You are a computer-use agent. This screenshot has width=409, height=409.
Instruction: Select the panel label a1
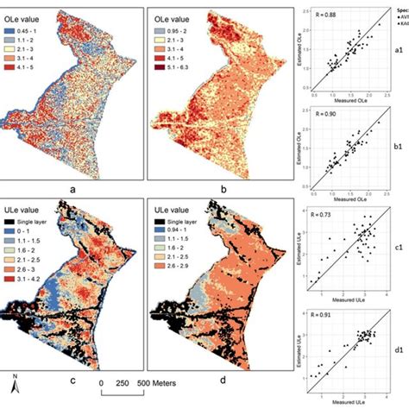(399, 51)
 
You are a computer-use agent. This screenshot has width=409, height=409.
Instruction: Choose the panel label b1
(399, 148)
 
